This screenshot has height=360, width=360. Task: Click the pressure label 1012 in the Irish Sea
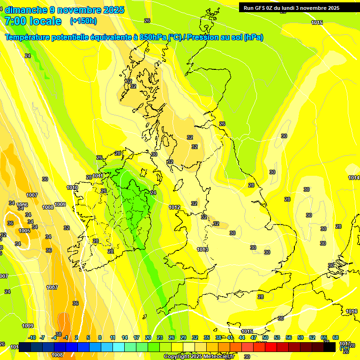174,207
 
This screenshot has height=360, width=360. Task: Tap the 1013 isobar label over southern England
202,249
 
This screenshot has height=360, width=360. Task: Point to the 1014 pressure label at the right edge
354,178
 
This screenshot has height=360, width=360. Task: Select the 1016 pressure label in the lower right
352,311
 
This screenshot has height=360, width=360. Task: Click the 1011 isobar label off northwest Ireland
97,176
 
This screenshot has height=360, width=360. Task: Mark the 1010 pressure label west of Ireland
72,187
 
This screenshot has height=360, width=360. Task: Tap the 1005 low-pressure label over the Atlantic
24,231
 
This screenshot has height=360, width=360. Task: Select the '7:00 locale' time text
33,21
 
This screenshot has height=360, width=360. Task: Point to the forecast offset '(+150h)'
83,21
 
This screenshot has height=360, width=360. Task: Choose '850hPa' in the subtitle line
153,37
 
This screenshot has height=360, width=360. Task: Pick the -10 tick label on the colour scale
32,338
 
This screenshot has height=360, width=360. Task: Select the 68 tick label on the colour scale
336,338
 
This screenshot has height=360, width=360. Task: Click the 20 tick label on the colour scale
148,338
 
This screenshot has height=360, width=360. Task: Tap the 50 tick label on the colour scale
265,338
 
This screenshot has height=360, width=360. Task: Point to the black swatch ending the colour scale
330,347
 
